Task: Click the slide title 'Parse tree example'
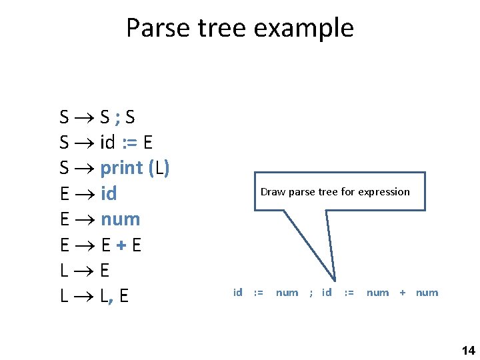pos(239,28)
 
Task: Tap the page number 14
pos(468,350)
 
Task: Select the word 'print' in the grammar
pos(121,168)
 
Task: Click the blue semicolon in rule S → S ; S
pos(117,117)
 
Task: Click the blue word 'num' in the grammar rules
pos(120,219)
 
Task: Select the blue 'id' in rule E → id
pos(109,193)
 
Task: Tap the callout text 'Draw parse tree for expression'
pos(335,192)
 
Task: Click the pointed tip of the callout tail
pos(336,281)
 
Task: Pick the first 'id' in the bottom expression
pos(237,292)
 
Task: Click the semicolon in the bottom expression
pos(311,292)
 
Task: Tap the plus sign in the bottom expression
pos(402,292)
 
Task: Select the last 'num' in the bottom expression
pos(427,292)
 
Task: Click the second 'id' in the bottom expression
pos(327,292)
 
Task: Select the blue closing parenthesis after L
pos(166,168)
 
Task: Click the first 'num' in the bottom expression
pos(287,292)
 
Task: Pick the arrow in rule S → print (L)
pos(84,168)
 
